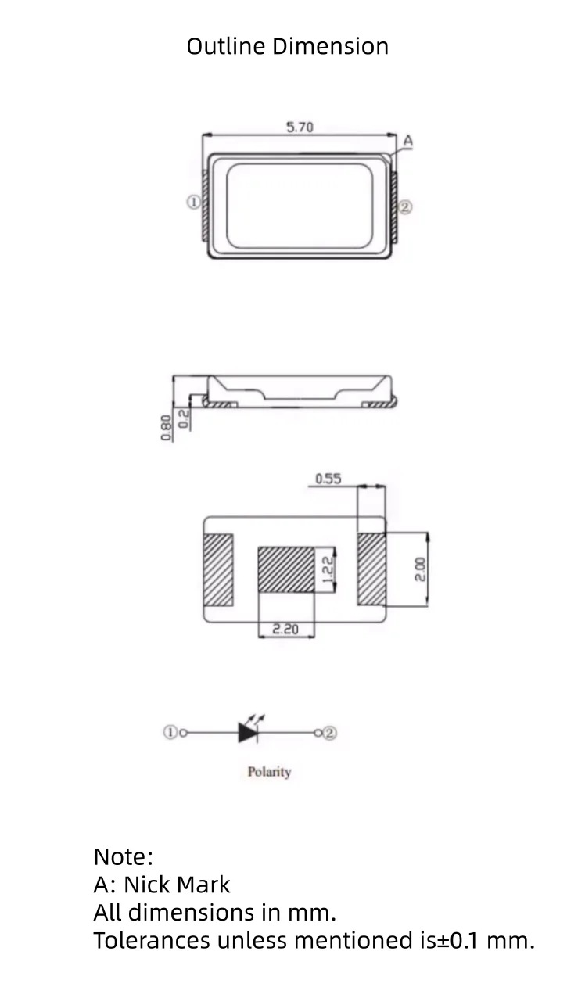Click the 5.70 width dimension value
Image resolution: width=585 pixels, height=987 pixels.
point(300,127)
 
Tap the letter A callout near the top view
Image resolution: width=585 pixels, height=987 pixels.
point(407,142)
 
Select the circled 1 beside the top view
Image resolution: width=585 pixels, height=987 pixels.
point(192,202)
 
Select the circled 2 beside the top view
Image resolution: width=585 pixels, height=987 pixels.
point(405,207)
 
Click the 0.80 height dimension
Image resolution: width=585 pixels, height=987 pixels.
point(166,428)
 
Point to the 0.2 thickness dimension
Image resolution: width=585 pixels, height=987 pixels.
point(183,418)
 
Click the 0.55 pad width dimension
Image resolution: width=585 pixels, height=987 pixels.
point(328,479)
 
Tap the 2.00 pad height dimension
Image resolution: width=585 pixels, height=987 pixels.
point(420,569)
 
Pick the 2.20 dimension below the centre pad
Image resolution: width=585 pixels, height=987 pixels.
point(285,629)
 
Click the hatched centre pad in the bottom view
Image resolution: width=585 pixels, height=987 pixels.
point(285,569)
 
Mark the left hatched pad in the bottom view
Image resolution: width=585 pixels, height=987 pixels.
point(219,569)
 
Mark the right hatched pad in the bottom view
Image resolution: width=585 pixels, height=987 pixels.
point(372,569)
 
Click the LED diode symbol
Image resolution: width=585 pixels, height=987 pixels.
point(249,732)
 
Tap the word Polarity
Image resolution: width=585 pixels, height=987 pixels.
point(269,772)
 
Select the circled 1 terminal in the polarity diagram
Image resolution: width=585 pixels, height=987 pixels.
point(170,733)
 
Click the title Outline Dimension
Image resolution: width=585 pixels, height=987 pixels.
point(287,46)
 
